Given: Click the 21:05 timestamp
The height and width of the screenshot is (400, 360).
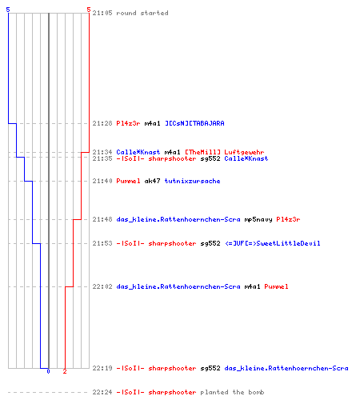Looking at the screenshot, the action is [x=102, y=13].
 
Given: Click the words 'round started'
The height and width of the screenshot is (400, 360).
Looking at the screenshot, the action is [x=142, y=13].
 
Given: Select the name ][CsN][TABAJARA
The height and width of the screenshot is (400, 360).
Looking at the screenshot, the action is [x=194, y=123].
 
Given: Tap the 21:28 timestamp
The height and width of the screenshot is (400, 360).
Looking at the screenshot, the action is [x=102, y=123].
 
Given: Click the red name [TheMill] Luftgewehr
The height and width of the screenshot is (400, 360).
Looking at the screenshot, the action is [x=225, y=152].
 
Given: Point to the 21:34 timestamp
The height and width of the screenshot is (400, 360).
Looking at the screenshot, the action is [x=102, y=152].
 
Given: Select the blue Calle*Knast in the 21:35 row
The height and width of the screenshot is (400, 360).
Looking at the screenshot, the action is [x=246, y=158].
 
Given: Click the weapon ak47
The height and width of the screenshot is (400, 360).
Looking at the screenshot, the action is [x=152, y=181].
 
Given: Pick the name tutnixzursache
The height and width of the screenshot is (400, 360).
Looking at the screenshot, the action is [x=192, y=181].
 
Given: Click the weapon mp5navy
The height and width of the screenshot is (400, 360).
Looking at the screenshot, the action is [x=258, y=219].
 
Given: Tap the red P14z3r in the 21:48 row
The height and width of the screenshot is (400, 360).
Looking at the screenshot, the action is [x=288, y=219].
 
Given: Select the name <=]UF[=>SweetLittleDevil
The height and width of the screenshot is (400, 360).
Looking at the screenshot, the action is [x=273, y=243].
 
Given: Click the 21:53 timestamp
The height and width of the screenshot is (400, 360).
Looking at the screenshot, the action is [x=102, y=243].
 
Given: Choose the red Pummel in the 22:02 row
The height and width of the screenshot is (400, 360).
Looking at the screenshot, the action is [x=276, y=286].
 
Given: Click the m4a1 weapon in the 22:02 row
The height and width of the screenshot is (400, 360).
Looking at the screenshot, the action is [x=252, y=286].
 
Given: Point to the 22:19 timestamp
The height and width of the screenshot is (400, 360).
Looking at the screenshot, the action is [x=102, y=368].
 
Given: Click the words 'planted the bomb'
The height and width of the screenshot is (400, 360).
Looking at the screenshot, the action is [x=232, y=392].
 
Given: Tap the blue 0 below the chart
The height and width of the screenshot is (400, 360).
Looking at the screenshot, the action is [x=48, y=371].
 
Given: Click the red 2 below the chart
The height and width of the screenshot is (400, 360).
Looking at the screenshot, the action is [x=65, y=371].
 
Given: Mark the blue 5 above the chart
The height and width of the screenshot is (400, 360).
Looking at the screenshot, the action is [x=8, y=10].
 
